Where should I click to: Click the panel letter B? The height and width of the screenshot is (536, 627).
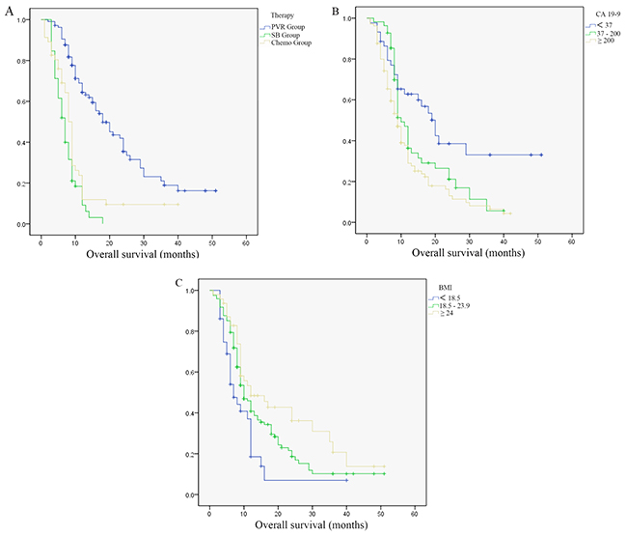tap(335, 11)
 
